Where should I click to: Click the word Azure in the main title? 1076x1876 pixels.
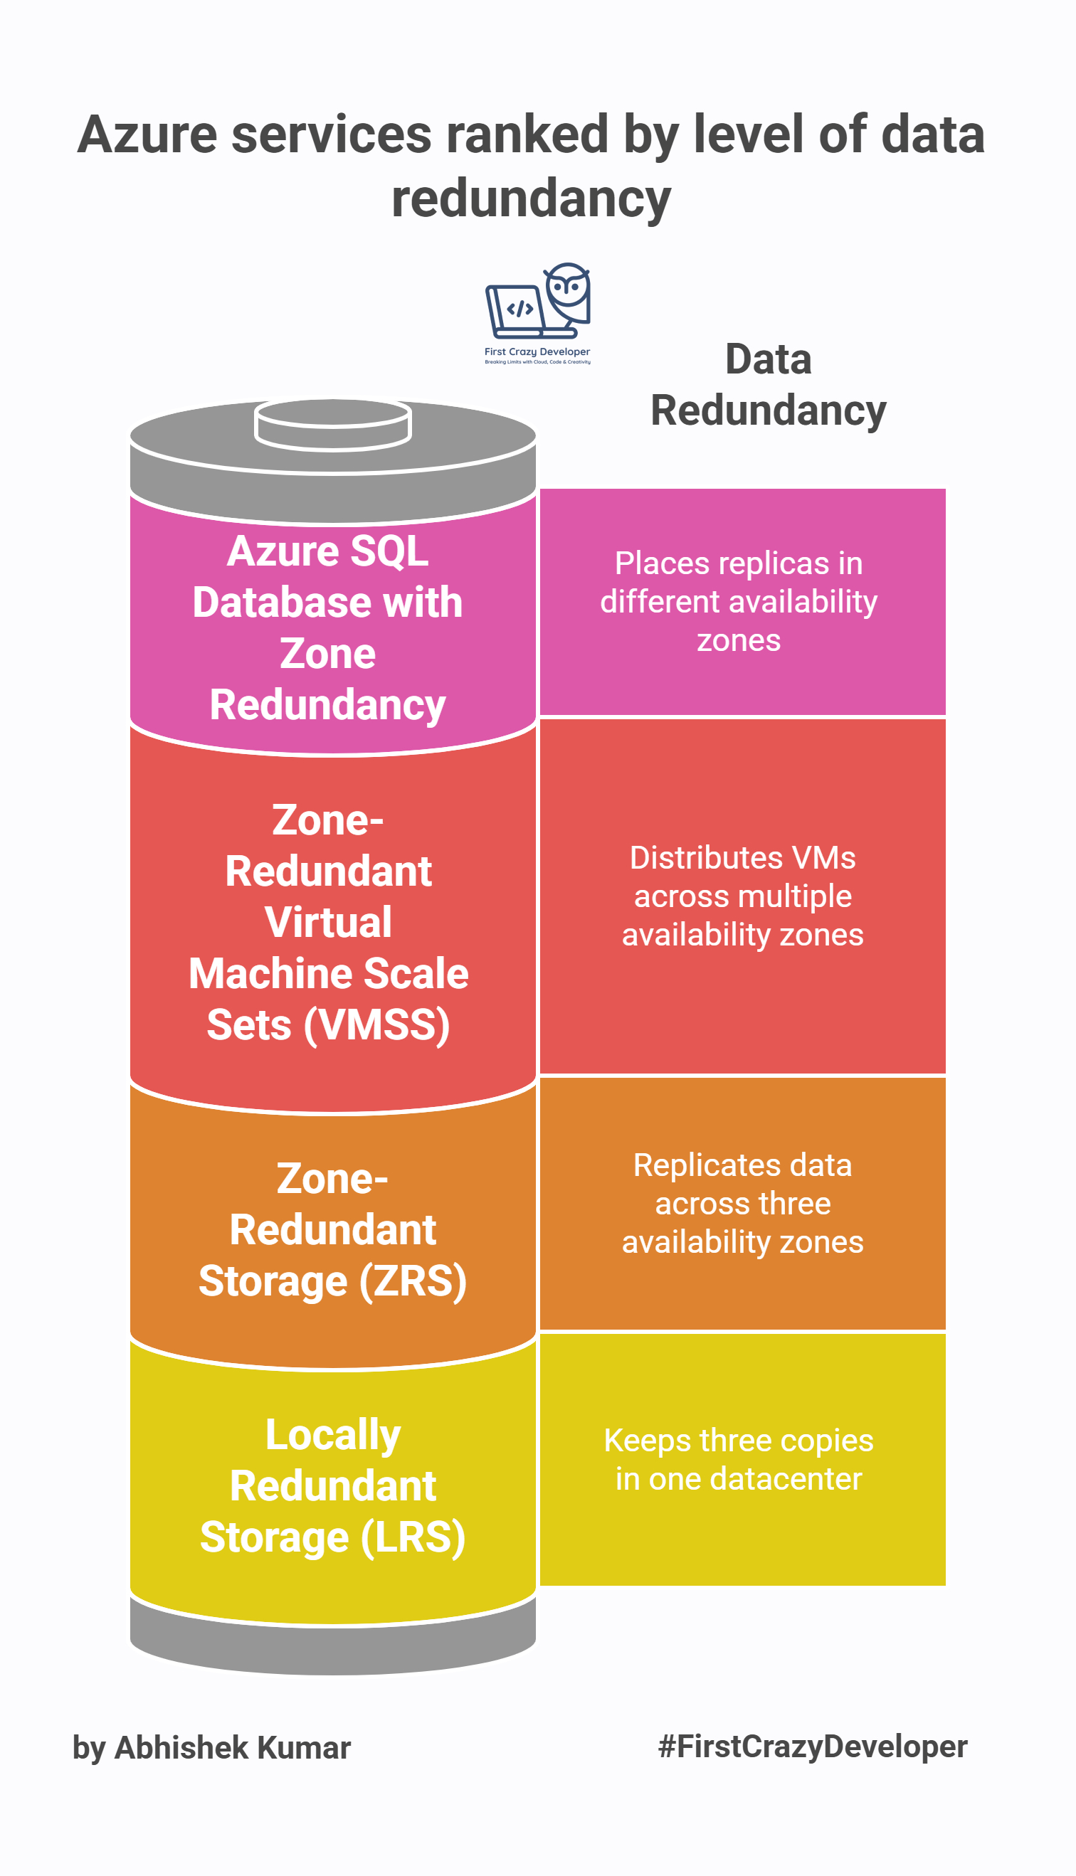tap(147, 135)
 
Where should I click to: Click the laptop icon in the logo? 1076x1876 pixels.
tap(515, 309)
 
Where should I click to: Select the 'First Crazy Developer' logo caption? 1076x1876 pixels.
tap(537, 352)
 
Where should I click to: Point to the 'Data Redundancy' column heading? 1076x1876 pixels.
tap(768, 385)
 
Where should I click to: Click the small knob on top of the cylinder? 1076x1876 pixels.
tap(332, 424)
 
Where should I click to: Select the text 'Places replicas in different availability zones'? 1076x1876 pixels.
tap(739, 601)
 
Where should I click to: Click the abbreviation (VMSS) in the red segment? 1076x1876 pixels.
tap(377, 1025)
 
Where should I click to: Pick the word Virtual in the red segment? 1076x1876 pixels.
tap(328, 923)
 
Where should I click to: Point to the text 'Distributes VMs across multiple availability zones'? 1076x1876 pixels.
tap(743, 896)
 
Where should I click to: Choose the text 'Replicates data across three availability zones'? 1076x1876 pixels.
tap(743, 1203)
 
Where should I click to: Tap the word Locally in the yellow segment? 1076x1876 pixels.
tap(332, 1435)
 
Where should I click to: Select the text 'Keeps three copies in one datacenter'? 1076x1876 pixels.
tap(739, 1459)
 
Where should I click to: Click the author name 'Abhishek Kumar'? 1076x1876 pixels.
tap(233, 1748)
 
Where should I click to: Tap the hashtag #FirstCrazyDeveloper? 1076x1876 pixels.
tap(813, 1747)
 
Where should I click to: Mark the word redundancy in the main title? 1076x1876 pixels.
tap(531, 199)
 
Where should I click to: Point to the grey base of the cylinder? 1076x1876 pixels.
tap(332, 1650)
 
